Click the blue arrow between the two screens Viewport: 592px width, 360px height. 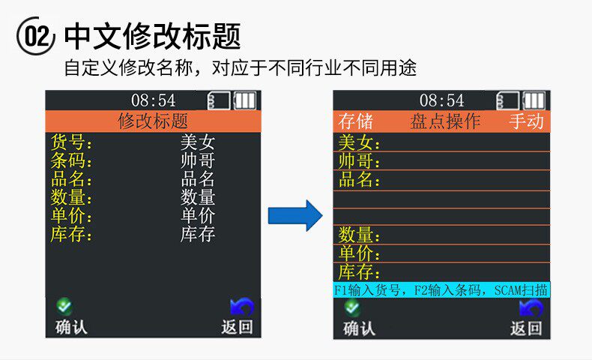pos(295,215)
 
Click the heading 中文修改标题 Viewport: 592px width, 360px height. pos(152,36)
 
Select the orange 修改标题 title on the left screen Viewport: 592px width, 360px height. pos(153,121)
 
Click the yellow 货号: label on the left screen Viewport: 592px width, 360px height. pos(72,142)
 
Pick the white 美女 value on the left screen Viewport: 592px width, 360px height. pos(198,142)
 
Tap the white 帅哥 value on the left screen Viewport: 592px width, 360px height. pos(198,161)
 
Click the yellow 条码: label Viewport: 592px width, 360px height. pos(72,161)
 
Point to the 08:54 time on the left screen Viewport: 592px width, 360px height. pos(153,100)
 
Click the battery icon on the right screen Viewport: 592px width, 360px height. pos(534,100)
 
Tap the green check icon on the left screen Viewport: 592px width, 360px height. pos(65,306)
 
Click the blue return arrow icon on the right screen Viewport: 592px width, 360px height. pos(531,307)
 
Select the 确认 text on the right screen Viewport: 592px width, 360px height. pos(359,328)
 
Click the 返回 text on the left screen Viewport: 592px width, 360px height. pos(237,327)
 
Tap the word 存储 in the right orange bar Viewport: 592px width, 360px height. pos(355,121)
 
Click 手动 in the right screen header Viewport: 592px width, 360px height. pos(526,121)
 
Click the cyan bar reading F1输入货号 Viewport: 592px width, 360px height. pos(441,289)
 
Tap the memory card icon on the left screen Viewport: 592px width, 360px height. pos(218,100)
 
